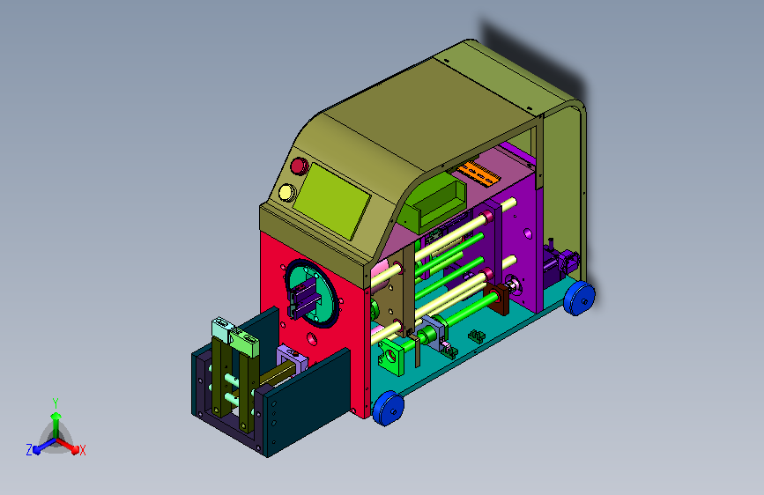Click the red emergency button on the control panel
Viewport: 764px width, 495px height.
(300, 166)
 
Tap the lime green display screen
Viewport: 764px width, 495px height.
(331, 201)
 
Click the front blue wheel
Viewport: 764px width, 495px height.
(389, 408)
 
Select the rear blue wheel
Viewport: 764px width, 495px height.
(579, 297)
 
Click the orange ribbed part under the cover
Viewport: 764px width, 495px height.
(478, 173)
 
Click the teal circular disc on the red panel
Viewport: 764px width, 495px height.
(312, 293)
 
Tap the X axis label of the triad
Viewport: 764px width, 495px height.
(82, 450)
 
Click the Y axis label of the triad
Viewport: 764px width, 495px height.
(56, 403)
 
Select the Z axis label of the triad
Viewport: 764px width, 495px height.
(29, 450)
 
